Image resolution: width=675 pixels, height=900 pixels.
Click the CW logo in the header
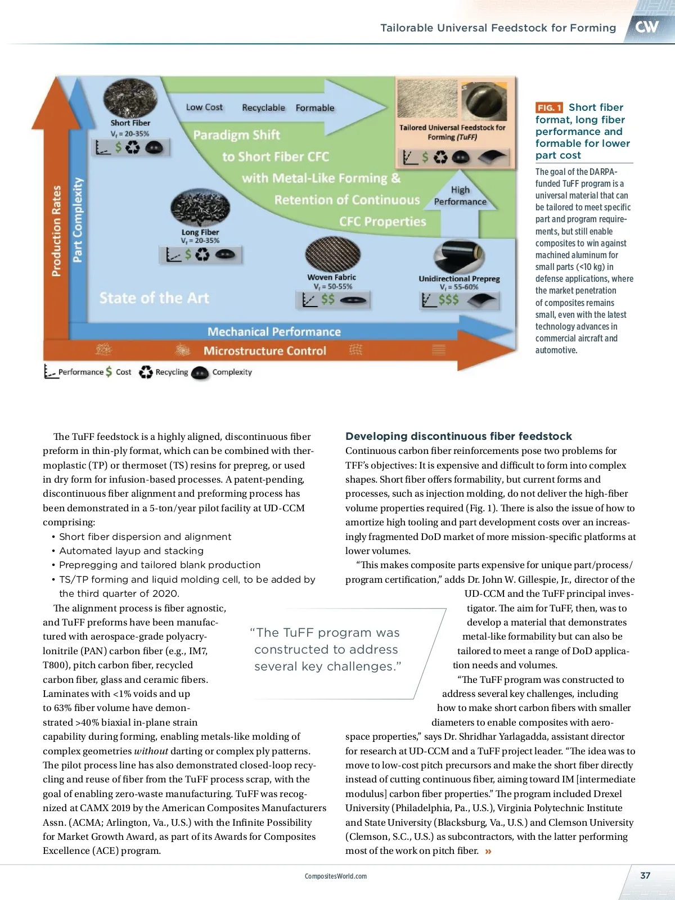tap(647, 26)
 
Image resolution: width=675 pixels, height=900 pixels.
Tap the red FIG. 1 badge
tap(549, 107)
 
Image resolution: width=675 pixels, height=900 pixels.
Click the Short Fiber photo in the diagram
tap(130, 98)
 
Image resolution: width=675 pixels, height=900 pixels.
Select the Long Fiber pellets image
tap(200, 208)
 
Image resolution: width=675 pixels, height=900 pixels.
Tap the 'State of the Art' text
tap(154, 298)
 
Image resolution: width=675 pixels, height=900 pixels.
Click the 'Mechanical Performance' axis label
tap(274, 332)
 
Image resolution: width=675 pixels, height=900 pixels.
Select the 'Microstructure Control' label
tap(264, 351)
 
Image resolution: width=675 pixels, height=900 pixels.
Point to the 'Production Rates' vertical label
tap(56, 231)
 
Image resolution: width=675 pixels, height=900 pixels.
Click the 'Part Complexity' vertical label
tap(78, 220)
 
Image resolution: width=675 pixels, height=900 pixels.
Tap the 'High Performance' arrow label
tap(460, 196)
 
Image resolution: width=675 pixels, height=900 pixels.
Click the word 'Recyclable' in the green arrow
tap(263, 107)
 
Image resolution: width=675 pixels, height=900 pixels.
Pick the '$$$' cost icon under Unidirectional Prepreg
tap(448, 300)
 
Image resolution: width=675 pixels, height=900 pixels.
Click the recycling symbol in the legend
tap(146, 372)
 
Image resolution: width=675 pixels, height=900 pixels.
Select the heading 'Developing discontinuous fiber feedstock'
tap(458, 436)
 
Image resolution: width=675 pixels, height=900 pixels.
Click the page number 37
tap(645, 875)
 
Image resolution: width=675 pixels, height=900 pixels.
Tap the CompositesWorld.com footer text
tap(336, 876)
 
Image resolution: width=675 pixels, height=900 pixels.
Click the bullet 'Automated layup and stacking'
tap(132, 551)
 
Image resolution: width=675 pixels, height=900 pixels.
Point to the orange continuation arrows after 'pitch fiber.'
tap(488, 851)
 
